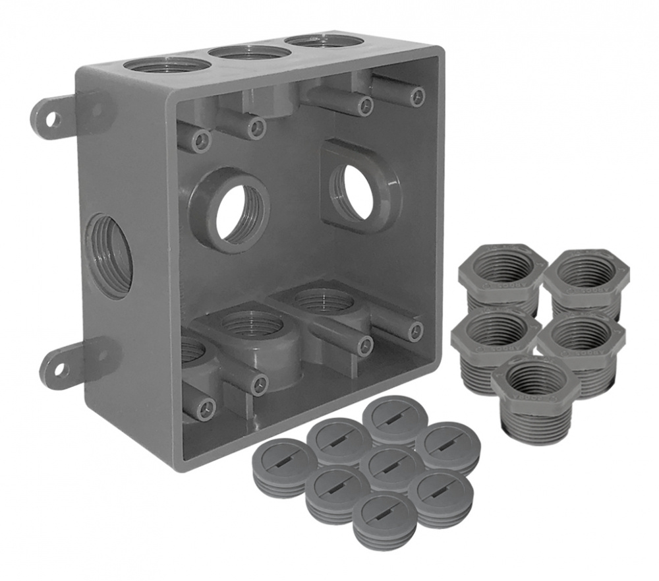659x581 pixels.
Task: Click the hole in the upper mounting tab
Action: [x=53, y=119]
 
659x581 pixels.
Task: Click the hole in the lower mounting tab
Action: [x=60, y=369]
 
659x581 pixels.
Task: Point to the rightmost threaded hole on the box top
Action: [x=324, y=41]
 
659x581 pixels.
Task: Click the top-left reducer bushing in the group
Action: [x=503, y=267]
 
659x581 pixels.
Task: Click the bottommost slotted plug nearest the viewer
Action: [x=384, y=514]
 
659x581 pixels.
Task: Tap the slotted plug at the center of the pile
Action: [x=391, y=465]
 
